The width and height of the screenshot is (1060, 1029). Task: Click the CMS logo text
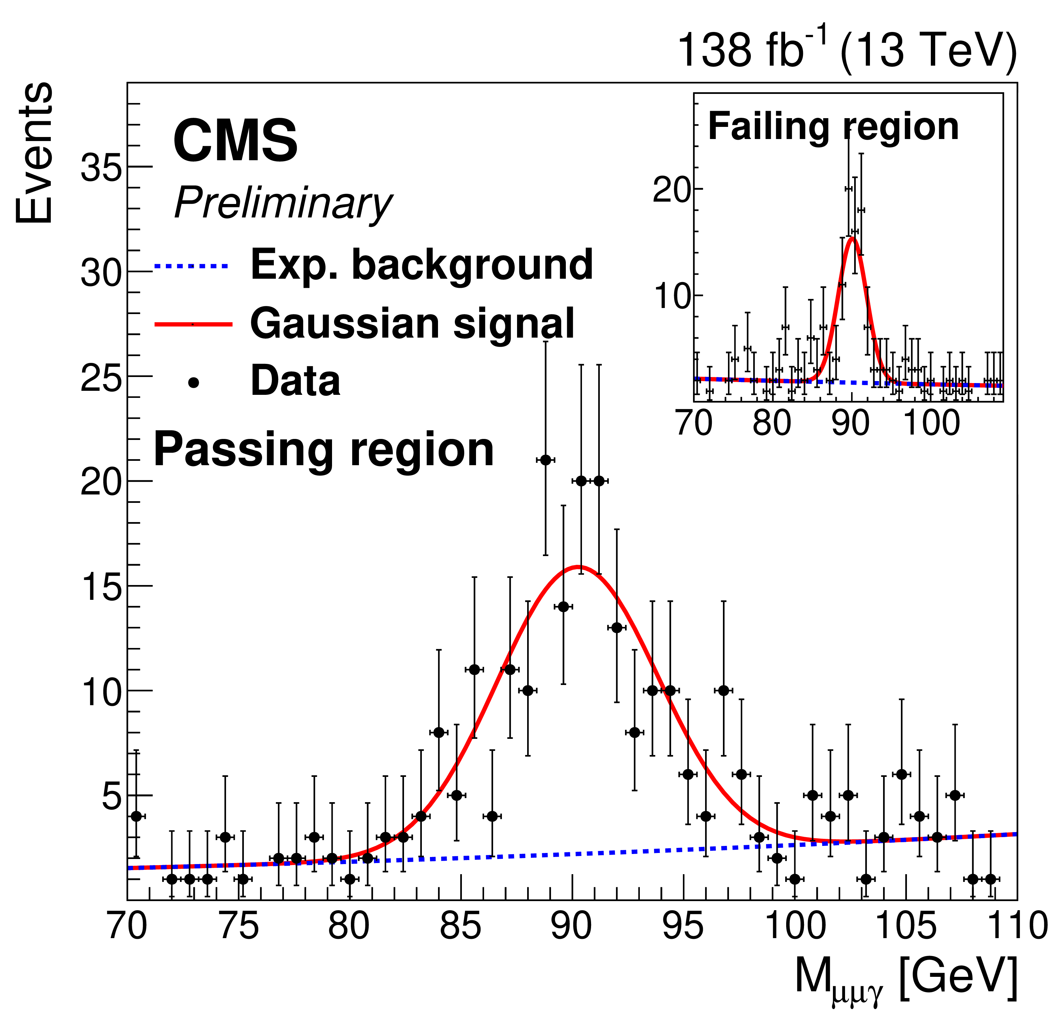[235, 141]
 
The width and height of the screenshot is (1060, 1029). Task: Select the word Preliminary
[283, 203]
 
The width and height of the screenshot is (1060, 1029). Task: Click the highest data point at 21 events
[545, 460]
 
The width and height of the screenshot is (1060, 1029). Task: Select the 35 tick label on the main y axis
[101, 167]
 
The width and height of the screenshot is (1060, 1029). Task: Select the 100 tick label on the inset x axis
[931, 422]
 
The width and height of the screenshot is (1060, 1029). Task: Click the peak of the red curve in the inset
[852, 238]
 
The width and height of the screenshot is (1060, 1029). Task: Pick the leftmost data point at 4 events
[136, 816]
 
